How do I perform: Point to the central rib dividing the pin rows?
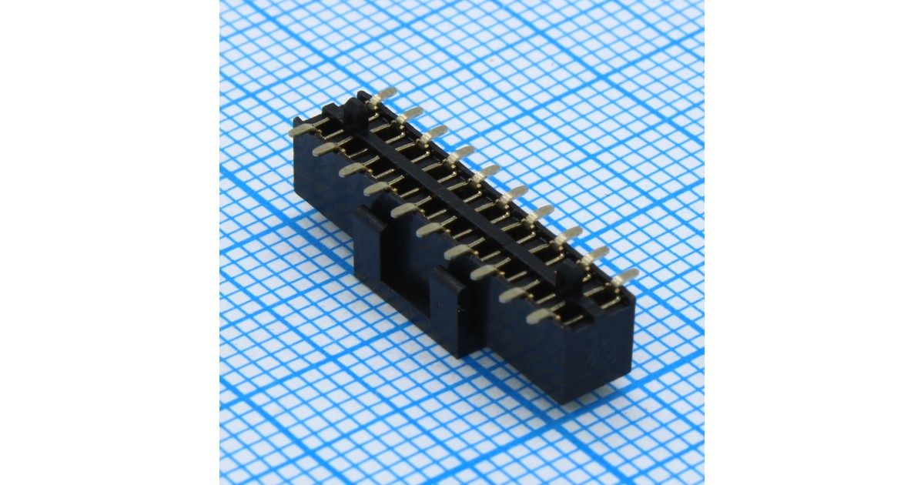point(462,200)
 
